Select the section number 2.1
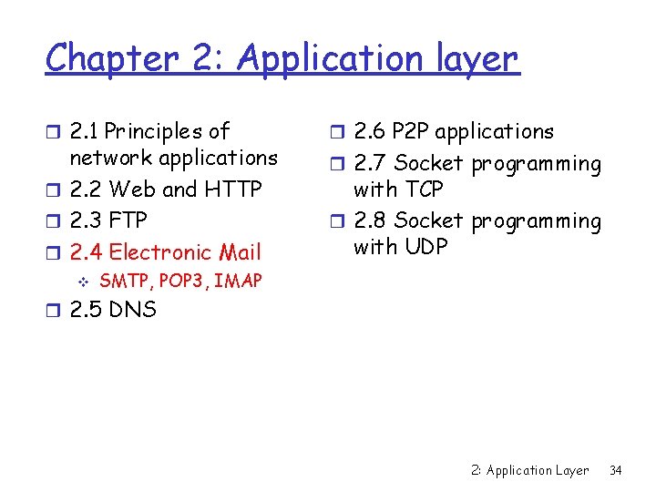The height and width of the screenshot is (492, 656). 85,131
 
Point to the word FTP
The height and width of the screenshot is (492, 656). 128,220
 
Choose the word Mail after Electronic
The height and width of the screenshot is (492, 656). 239,251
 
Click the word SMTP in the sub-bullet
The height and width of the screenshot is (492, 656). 121,281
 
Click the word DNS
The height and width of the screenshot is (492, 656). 132,310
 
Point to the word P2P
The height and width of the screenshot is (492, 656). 409,131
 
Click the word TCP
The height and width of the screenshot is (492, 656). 422,190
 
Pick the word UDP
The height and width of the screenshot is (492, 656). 424,246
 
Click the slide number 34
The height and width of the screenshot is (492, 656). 615,470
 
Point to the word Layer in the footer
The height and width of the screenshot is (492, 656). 570,470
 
